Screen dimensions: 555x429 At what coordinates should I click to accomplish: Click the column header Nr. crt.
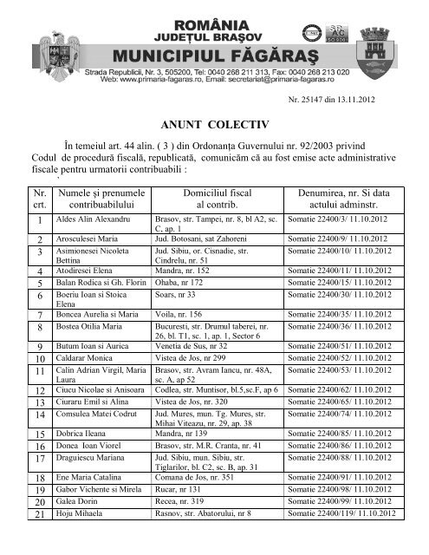tap(38, 196)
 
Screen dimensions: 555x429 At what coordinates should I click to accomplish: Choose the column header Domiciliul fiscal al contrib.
tap(211, 196)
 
